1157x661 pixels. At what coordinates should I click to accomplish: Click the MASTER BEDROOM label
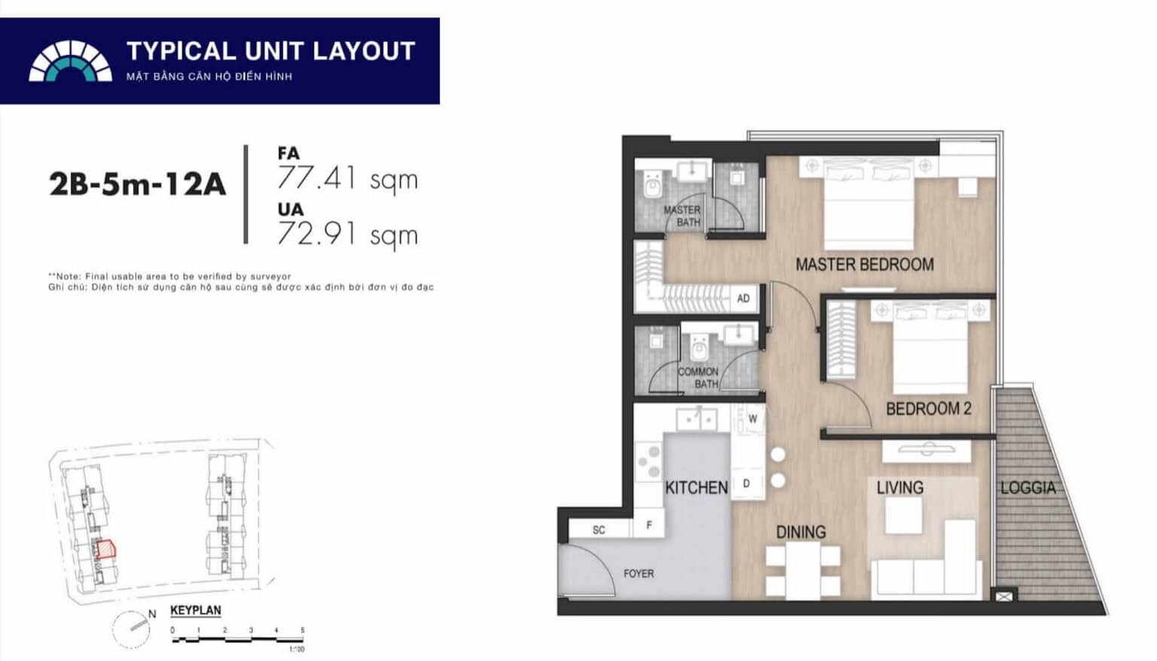(x=864, y=265)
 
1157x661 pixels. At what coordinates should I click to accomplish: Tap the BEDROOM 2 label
(x=928, y=409)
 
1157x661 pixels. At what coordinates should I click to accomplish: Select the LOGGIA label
(x=1027, y=488)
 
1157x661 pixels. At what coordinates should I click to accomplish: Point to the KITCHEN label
(x=696, y=488)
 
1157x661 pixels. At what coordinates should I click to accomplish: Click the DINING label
(x=801, y=532)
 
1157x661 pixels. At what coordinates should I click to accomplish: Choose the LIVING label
(x=899, y=488)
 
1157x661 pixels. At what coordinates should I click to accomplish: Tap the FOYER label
(x=638, y=574)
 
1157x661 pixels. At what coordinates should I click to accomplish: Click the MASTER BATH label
(x=682, y=216)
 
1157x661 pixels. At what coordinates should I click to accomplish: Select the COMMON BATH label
(x=698, y=377)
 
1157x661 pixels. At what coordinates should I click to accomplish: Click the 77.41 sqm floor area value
(x=347, y=179)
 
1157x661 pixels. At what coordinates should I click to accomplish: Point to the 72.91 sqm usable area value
(x=347, y=234)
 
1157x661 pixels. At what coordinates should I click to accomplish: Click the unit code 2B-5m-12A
(x=137, y=184)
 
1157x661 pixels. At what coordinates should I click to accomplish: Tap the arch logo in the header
(x=70, y=61)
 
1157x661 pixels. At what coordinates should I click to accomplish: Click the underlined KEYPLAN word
(x=195, y=611)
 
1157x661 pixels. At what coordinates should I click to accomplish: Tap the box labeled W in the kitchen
(x=752, y=419)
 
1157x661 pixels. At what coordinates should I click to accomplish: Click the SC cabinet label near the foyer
(x=599, y=530)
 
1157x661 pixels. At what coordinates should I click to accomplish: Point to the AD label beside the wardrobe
(x=743, y=298)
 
